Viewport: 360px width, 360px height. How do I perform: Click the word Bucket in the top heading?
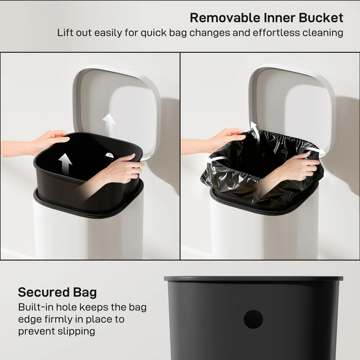[321, 18]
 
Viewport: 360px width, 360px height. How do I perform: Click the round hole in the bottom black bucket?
[253, 319]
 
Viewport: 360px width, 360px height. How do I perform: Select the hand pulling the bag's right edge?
[300, 166]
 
